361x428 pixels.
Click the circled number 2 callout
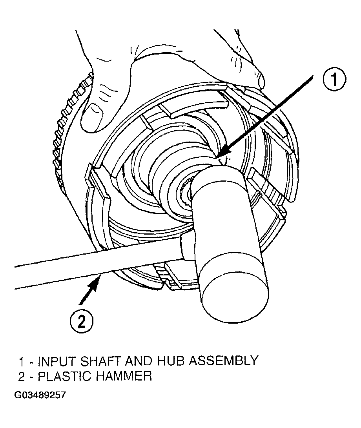coord(82,322)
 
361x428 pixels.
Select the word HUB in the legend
coord(171,361)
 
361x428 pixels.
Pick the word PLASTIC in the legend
coord(64,376)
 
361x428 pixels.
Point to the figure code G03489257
coord(40,395)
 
